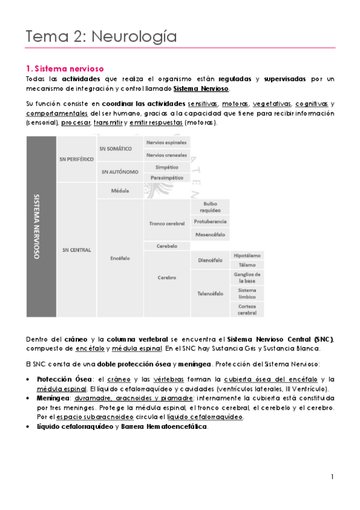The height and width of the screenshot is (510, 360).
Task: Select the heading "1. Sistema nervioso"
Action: tap(66, 69)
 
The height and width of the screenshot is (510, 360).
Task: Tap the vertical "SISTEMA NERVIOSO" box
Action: tap(40, 226)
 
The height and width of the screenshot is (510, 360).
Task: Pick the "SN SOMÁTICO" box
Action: tap(119, 148)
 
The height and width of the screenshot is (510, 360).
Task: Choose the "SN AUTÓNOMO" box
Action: tap(119, 171)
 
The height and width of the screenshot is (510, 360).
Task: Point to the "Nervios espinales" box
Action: tap(166, 143)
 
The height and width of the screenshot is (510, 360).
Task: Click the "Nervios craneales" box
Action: tap(166, 155)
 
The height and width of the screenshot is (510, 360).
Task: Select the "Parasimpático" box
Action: tap(166, 177)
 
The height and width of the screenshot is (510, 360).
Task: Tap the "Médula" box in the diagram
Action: tap(120, 190)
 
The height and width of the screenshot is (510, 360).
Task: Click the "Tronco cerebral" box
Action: tap(166, 223)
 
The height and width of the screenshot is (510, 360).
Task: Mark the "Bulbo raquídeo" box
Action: tap(209, 206)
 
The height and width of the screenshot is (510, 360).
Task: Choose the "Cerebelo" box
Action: tap(166, 246)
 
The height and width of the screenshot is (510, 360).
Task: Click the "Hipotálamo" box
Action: tap(246, 254)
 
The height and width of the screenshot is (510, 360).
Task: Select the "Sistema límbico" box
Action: tap(246, 293)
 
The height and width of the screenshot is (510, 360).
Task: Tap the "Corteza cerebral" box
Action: tap(246, 309)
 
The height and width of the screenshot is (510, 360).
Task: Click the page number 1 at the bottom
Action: tap(332, 477)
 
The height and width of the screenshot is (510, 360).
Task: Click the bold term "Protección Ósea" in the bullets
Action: tap(56, 379)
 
